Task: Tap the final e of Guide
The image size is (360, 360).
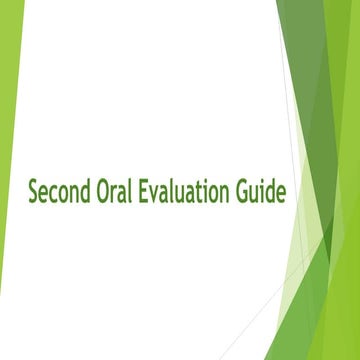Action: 280,192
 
